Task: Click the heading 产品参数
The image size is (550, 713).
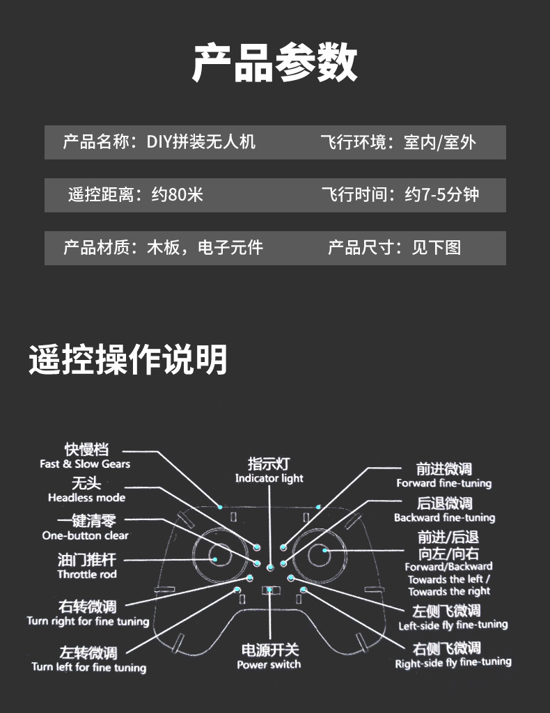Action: click(274, 63)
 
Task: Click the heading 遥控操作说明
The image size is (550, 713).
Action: click(128, 360)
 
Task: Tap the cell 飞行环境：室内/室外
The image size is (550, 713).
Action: click(398, 142)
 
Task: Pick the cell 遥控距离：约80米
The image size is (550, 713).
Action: click(136, 194)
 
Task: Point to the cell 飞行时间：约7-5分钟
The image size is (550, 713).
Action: click(400, 194)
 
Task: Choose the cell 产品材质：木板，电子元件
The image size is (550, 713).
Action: click(163, 247)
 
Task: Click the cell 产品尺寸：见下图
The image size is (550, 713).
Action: click(394, 247)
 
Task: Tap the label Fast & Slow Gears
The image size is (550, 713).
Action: click(85, 464)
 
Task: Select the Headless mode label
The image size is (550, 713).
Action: click(86, 498)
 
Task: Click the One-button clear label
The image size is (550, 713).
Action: click(85, 535)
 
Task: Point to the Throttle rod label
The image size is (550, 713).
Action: click(87, 574)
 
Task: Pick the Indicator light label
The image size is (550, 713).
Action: click(269, 478)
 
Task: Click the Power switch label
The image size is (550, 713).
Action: click(269, 664)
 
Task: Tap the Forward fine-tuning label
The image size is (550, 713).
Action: click(444, 483)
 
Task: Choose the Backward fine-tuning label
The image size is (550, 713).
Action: click(444, 517)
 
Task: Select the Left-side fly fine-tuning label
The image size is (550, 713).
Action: click(453, 625)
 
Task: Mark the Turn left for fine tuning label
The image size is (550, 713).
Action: click(89, 667)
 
